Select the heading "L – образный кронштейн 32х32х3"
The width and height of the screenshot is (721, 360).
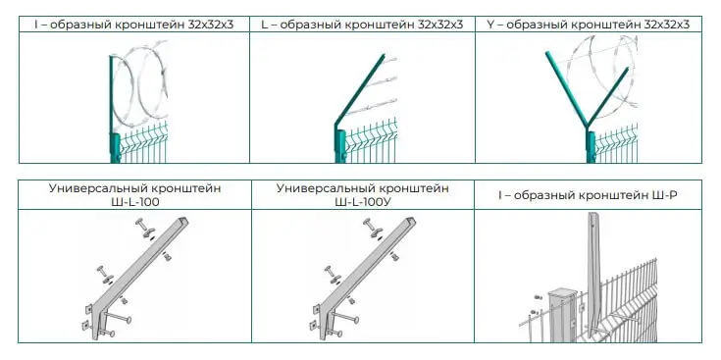362,25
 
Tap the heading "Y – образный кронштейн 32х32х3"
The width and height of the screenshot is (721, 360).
589,25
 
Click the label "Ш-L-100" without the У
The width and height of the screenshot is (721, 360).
132,202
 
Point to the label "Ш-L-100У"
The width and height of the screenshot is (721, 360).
362,202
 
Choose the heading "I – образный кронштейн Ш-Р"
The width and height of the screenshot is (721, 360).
589,195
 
